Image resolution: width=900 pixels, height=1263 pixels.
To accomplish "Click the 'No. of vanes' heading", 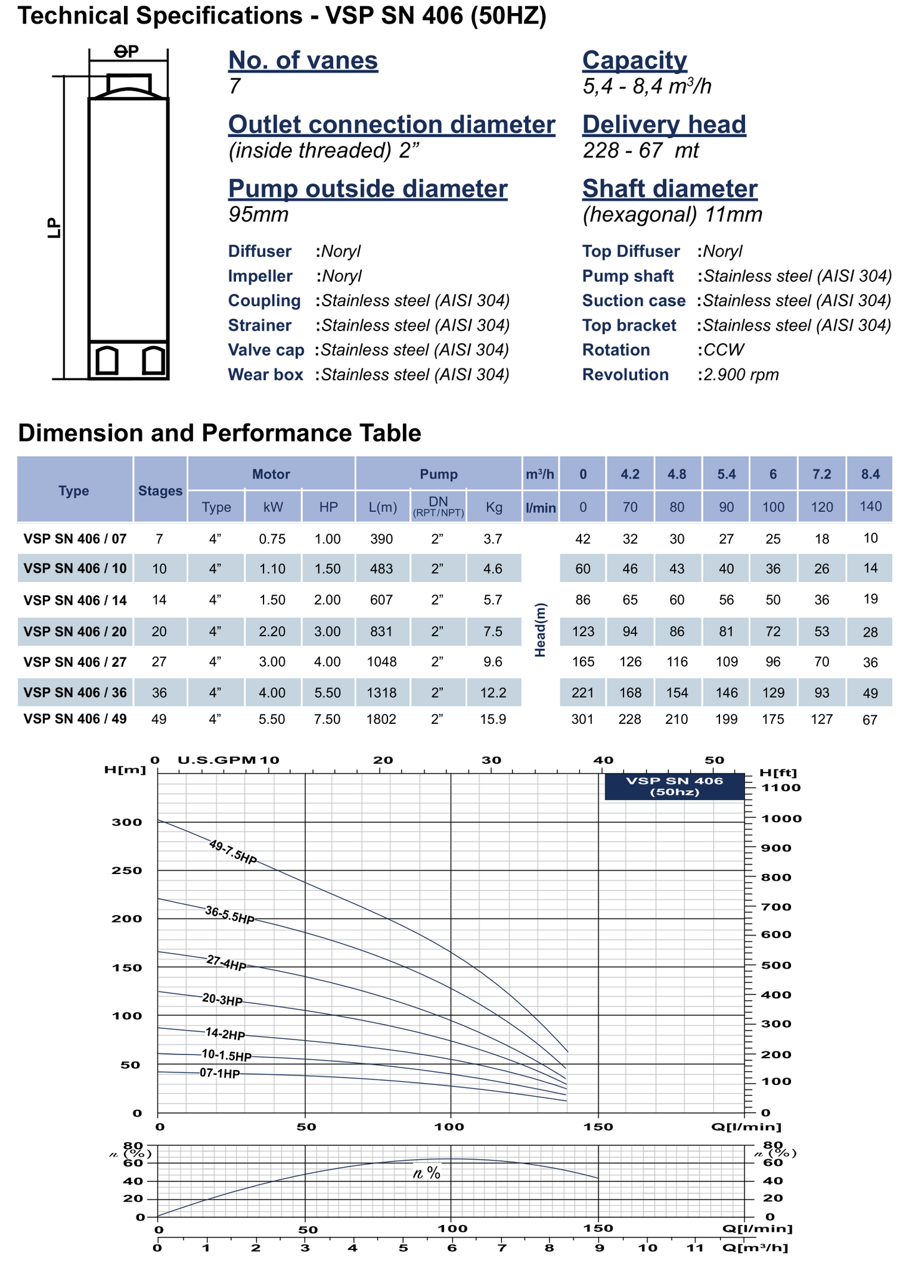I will pos(303,61).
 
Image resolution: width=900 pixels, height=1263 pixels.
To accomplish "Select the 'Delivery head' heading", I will pos(663,124).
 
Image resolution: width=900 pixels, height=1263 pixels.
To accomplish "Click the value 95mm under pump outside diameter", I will pos(258,215).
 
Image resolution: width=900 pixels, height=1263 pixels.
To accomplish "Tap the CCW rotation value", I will pos(724,350).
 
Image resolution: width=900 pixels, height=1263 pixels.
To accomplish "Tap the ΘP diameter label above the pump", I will pos(127,52).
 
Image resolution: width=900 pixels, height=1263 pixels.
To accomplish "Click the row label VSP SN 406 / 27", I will pos(75,662).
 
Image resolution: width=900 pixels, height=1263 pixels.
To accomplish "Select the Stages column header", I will pos(160,491).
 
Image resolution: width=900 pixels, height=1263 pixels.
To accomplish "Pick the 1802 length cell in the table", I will pos(382,720).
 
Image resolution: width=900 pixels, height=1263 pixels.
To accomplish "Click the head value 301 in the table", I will pos(582,720).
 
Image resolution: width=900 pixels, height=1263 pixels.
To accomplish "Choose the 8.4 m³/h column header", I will pos(870,474).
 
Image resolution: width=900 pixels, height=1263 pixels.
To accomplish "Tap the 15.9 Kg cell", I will pos(493,720).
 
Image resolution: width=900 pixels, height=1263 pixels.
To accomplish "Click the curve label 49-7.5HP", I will pos(233,852).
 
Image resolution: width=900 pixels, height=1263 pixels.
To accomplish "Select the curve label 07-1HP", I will pos(219,1074).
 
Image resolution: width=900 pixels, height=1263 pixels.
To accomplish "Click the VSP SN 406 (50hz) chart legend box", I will pos(674,786).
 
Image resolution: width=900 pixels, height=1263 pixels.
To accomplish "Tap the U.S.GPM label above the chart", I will pos(217,760).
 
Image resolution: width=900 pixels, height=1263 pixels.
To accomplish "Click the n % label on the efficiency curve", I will pos(427,1173).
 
